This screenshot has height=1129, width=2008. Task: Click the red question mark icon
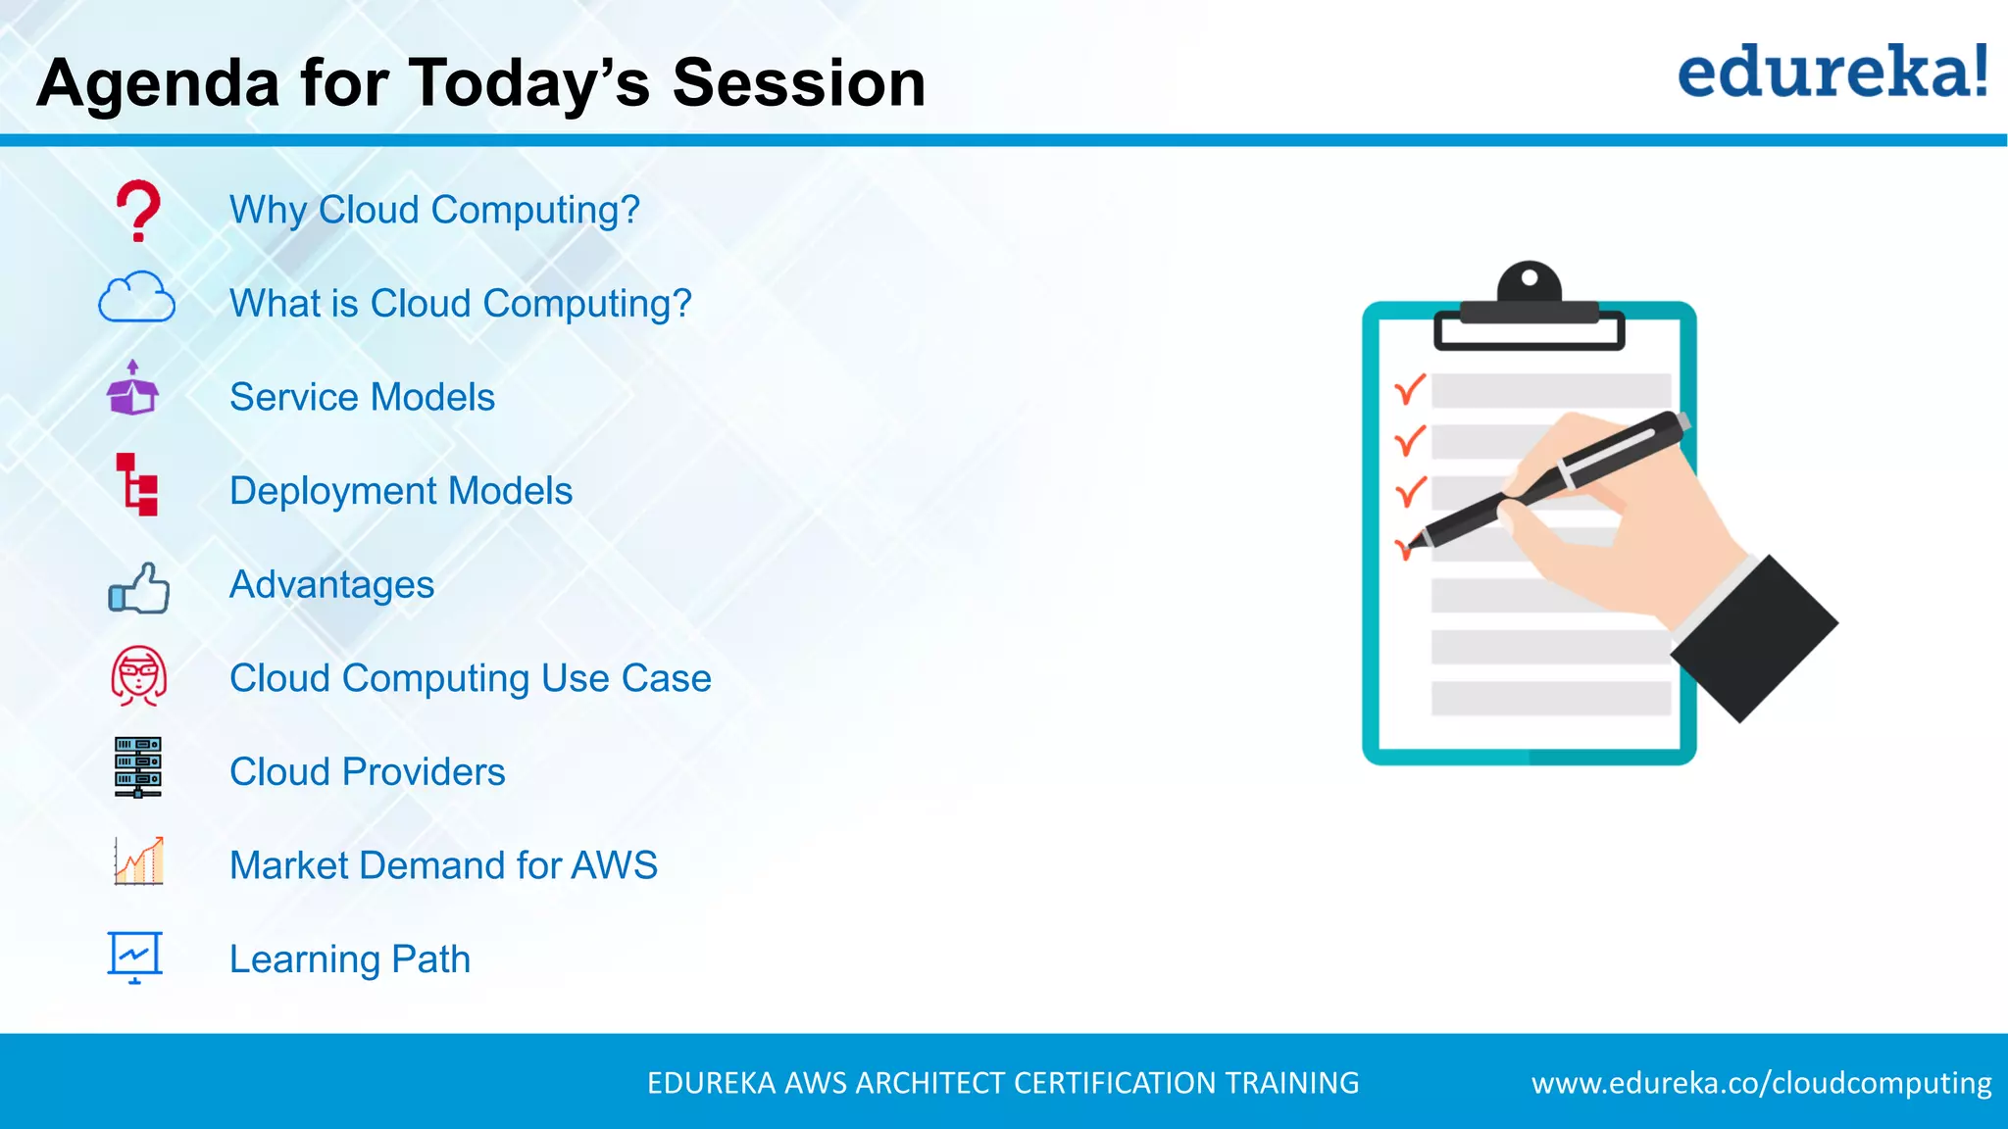[x=138, y=210]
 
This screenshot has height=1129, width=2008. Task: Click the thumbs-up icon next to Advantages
[x=139, y=588]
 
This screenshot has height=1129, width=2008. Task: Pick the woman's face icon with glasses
[x=138, y=675]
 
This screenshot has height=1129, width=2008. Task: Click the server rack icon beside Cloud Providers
[x=137, y=766]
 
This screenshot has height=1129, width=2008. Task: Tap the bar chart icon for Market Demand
[x=138, y=861]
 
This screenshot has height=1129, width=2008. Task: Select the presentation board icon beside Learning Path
[x=134, y=956]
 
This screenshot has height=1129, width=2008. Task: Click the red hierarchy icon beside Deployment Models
[x=137, y=484]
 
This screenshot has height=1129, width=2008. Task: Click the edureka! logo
[x=1832, y=73]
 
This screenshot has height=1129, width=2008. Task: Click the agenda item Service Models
[x=362, y=397]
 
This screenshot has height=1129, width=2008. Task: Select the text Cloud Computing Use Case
[x=470, y=678]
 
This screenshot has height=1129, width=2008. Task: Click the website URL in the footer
[x=1761, y=1083]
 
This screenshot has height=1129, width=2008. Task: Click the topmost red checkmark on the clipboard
[x=1409, y=390]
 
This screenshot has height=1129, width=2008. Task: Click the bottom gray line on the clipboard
[x=1549, y=698]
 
